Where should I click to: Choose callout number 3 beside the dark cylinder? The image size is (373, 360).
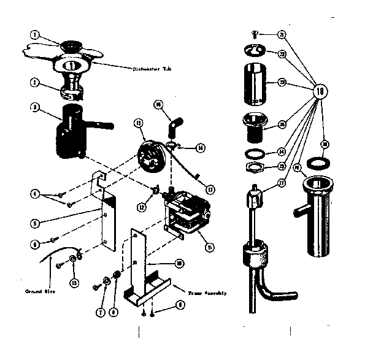[x=36, y=107]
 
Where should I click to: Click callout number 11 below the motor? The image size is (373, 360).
[x=210, y=248]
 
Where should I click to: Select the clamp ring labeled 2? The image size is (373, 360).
[x=74, y=93]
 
